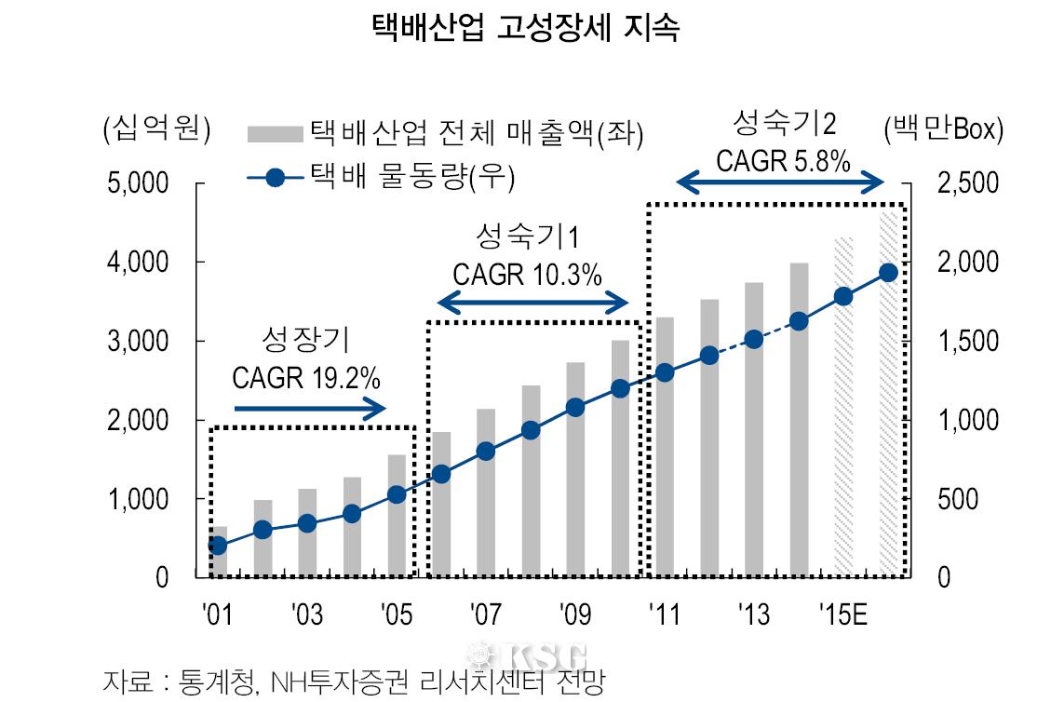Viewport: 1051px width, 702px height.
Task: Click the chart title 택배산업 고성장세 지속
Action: tap(524, 28)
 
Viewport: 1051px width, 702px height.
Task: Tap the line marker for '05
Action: tap(397, 494)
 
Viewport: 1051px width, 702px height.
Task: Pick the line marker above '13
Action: tap(754, 339)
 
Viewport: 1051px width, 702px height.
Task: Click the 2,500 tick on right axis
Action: tap(965, 183)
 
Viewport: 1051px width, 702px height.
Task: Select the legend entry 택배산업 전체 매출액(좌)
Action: tap(447, 133)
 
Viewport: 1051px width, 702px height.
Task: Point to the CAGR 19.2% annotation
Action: tap(305, 378)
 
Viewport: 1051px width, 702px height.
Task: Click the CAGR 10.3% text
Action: tap(527, 276)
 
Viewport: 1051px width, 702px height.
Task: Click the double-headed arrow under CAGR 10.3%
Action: tap(534, 302)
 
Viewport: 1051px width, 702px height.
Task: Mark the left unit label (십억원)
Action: tap(156, 129)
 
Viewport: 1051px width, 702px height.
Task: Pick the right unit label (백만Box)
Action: tap(943, 129)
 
